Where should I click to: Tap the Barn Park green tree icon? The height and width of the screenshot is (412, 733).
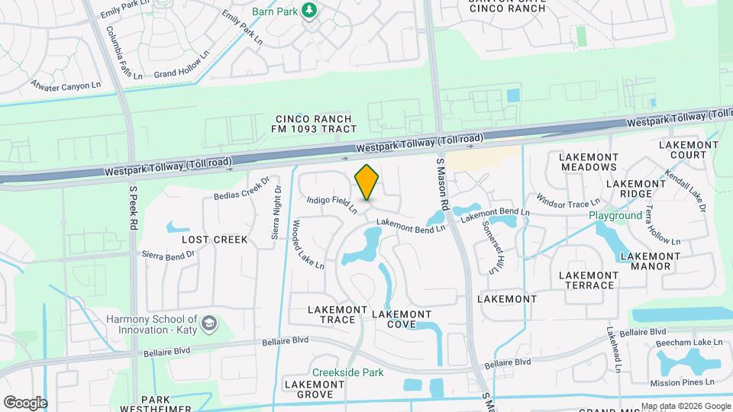coord(310,11)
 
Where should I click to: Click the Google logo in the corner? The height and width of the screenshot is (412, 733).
coord(25,402)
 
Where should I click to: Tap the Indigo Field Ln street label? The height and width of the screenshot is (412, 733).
coord(332,205)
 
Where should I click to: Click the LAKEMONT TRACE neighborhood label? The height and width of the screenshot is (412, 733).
coord(331,314)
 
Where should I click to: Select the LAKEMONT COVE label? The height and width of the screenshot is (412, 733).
coord(401,319)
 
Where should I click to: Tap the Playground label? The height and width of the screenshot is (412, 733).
coord(615,216)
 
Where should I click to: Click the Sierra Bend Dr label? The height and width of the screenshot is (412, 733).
coord(169,254)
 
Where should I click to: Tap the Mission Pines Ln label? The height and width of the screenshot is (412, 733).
coord(682,382)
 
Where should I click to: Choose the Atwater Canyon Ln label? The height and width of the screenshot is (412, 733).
coord(66,85)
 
